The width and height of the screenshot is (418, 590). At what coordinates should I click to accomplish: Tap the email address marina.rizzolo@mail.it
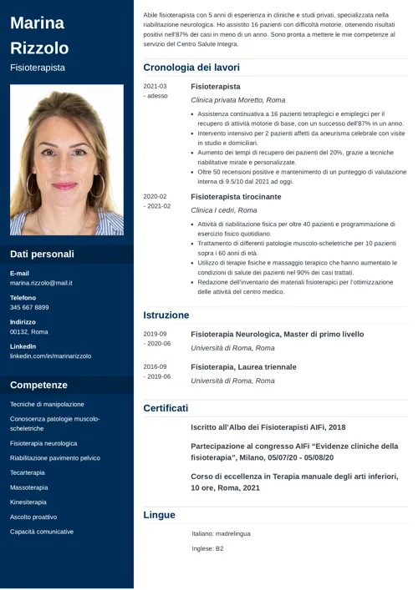(41, 283)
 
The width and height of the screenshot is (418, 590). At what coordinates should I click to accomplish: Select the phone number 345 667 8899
(29, 307)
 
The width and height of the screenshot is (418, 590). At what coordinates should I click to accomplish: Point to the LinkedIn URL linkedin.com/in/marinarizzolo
(51, 356)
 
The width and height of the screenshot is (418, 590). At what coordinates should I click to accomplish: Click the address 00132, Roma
(29, 331)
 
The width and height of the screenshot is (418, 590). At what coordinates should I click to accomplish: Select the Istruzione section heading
(166, 315)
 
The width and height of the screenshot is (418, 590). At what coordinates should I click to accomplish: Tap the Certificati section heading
(166, 408)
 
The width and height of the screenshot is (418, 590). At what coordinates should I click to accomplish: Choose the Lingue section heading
(159, 515)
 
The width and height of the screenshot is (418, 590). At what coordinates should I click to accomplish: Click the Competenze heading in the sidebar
(38, 385)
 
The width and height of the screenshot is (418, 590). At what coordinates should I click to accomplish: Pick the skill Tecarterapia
(28, 472)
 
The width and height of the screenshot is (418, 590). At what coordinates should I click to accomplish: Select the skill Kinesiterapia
(28, 502)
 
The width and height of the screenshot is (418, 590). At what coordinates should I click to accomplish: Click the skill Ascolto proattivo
(33, 517)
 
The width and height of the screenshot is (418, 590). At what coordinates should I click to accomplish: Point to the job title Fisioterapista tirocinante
(236, 197)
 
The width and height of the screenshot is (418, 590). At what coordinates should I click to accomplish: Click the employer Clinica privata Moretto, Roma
(237, 100)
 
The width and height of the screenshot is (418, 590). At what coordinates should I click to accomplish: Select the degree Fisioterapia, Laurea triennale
(243, 366)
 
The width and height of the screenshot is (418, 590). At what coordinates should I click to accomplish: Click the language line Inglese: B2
(207, 549)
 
